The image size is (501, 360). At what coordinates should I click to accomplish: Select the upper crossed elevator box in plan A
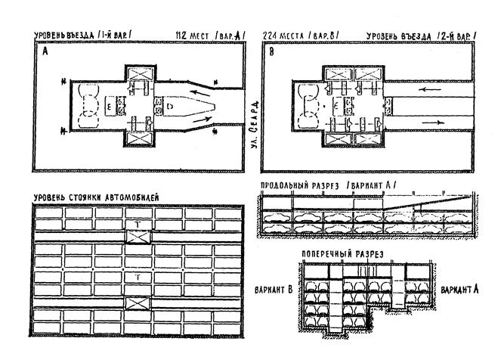pyautogui.click(x=141, y=75)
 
